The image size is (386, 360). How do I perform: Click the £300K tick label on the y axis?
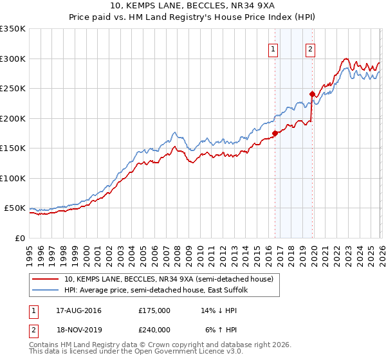pos(13,59)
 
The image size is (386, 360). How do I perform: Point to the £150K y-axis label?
pos(13,148)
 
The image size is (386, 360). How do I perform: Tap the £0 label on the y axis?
pos(19,238)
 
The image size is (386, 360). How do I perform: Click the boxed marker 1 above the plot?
pos(273,49)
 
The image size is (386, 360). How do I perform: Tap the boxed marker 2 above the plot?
pos(310,49)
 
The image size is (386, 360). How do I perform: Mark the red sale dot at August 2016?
pos(275,134)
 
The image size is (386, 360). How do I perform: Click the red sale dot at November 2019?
pos(312,94)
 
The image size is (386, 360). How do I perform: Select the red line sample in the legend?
pos(46,279)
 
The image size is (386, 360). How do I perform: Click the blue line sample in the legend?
pos(46,290)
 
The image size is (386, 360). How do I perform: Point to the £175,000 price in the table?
pos(154,310)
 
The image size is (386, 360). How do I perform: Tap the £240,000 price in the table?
pos(154,330)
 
